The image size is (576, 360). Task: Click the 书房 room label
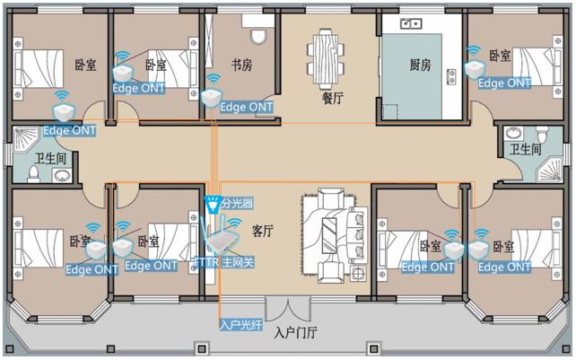click(x=241, y=65)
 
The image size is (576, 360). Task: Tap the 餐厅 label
click(x=333, y=98)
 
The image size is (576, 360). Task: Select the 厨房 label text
click(x=420, y=65)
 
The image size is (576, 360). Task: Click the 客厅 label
click(x=263, y=231)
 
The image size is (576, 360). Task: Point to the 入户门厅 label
click(x=296, y=333)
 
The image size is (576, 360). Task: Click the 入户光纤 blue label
click(x=241, y=324)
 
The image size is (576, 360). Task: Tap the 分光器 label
click(x=237, y=203)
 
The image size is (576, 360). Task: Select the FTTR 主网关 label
click(x=224, y=262)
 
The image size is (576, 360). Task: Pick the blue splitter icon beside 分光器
click(x=213, y=205)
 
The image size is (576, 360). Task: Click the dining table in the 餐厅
click(x=326, y=57)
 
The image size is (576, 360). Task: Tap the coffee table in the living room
click(x=328, y=235)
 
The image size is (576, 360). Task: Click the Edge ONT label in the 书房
click(x=247, y=107)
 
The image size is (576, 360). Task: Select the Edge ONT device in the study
click(x=211, y=98)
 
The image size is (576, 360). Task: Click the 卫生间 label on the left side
click(x=51, y=159)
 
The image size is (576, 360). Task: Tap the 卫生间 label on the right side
click(x=526, y=149)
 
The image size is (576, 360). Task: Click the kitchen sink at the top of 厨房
click(x=411, y=24)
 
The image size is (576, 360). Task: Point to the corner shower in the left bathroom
click(x=25, y=140)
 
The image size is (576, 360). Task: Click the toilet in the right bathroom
click(x=542, y=135)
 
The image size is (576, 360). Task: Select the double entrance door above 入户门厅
click(x=288, y=308)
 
